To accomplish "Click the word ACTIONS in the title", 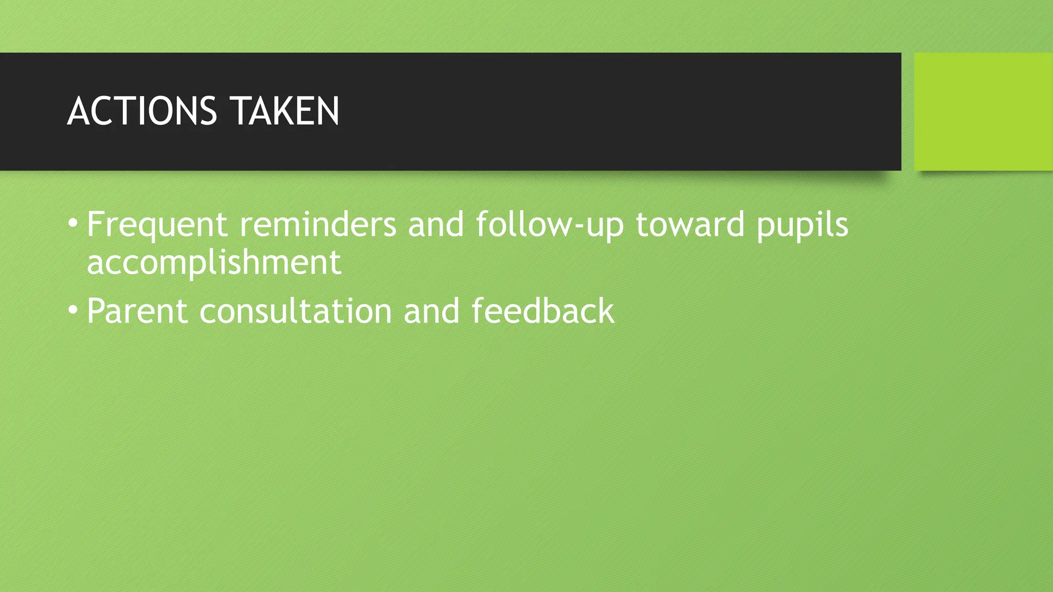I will (142, 111).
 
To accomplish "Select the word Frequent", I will (157, 225).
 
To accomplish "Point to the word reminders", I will (318, 225).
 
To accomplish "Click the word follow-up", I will (550, 225).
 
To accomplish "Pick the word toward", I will (690, 225).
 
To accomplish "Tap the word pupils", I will (802, 225).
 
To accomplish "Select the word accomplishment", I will (214, 262).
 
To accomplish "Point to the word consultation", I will (296, 311).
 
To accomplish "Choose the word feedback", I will (542, 311).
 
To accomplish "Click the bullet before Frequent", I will (73, 223).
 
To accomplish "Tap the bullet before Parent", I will (73, 310).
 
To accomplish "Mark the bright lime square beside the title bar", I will (983, 112).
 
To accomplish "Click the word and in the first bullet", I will (436, 225).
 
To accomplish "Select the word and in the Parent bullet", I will (431, 311).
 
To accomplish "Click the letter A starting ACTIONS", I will (78, 111).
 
